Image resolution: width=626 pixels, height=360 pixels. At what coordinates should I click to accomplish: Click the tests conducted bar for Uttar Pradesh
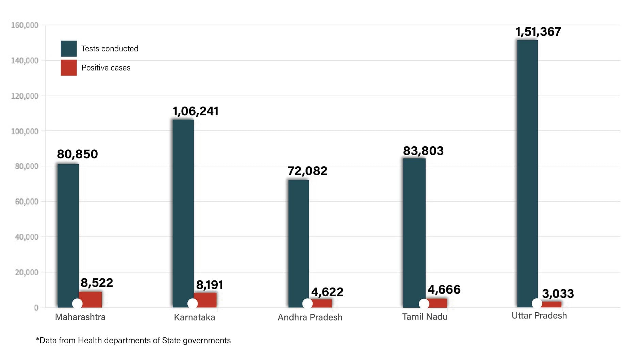pyautogui.click(x=527, y=174)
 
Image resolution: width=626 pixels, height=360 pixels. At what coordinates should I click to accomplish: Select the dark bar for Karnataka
pyautogui.click(x=183, y=213)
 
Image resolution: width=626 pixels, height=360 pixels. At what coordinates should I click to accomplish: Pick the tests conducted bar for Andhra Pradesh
pyautogui.click(x=298, y=243)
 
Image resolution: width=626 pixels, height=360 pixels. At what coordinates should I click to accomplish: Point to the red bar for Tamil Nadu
pyautogui.click(x=438, y=302)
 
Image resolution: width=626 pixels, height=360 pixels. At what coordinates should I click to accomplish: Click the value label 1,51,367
pyautogui.click(x=538, y=32)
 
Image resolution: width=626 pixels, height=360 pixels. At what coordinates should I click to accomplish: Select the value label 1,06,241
pyautogui.click(x=195, y=111)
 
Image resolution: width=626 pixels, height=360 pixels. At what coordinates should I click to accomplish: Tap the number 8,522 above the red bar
pyautogui.click(x=97, y=283)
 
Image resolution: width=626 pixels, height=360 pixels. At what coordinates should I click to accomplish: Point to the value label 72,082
pyautogui.click(x=307, y=171)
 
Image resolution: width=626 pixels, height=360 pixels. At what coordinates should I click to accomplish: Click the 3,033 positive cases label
pyautogui.click(x=558, y=294)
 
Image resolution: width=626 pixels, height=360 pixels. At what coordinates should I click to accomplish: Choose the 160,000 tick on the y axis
pyautogui.click(x=24, y=25)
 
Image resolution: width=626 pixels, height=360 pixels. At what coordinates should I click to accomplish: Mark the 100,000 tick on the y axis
pyautogui.click(x=24, y=131)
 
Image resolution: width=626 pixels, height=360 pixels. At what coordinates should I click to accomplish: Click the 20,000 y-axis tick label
pyautogui.click(x=27, y=272)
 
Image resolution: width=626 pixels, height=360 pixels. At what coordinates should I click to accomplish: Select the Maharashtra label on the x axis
pyautogui.click(x=80, y=317)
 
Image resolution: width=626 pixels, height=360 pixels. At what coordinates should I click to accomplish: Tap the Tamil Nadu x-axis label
pyautogui.click(x=425, y=317)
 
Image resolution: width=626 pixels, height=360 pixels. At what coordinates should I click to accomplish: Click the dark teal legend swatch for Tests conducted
pyautogui.click(x=69, y=49)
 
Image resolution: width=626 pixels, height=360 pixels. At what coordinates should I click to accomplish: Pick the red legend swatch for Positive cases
pyautogui.click(x=69, y=68)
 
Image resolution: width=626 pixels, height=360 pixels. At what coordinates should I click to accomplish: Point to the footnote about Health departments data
pyautogui.click(x=133, y=341)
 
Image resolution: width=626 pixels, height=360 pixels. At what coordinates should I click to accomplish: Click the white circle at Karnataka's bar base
pyautogui.click(x=193, y=304)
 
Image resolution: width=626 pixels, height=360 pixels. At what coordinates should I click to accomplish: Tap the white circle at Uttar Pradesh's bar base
pyautogui.click(x=537, y=303)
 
